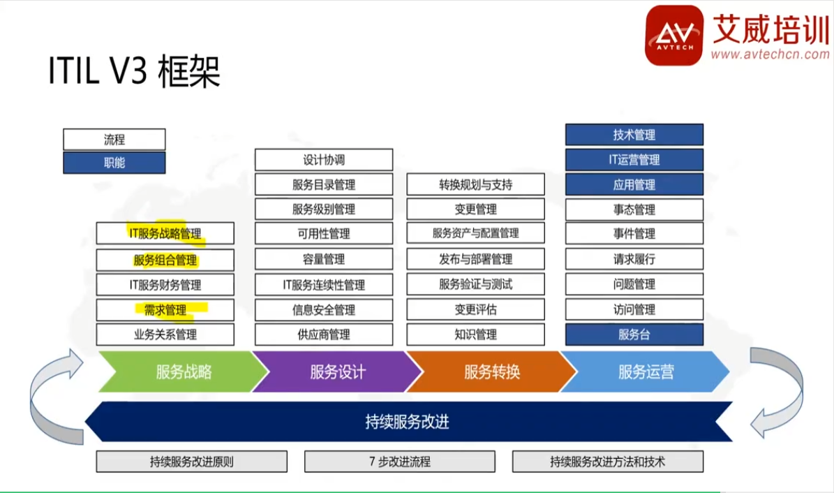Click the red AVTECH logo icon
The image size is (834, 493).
(x=674, y=35)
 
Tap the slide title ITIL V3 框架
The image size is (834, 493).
(x=134, y=71)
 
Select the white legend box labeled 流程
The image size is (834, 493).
(x=114, y=140)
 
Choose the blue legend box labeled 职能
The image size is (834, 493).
(x=114, y=163)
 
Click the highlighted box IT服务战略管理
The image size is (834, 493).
(x=165, y=233)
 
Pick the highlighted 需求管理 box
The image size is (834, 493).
(x=165, y=310)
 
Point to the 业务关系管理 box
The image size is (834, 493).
(x=165, y=334)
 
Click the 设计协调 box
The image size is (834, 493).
(x=324, y=160)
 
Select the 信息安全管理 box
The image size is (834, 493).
(x=324, y=310)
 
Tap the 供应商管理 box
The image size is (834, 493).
(x=324, y=334)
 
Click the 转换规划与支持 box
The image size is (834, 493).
(x=475, y=185)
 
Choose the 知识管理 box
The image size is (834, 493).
(x=475, y=334)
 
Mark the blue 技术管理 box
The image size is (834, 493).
(x=634, y=135)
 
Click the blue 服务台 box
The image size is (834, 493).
(x=634, y=334)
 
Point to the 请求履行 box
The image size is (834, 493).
(x=634, y=259)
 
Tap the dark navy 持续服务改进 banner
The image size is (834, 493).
(x=408, y=422)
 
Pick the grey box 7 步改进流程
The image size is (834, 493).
(x=400, y=462)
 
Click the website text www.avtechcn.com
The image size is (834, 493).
(x=770, y=54)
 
